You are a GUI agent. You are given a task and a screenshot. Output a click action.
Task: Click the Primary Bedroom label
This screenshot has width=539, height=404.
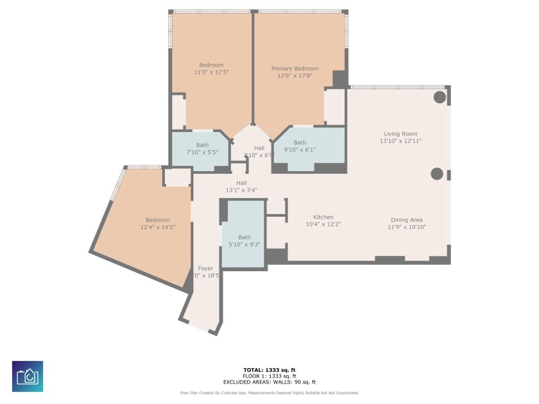point(295,69)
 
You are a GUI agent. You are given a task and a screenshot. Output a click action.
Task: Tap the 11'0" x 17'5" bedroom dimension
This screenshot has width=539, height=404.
point(211,72)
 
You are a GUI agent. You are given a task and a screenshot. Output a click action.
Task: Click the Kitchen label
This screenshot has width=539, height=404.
point(323,217)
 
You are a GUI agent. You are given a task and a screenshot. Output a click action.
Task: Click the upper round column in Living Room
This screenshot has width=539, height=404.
point(440,97)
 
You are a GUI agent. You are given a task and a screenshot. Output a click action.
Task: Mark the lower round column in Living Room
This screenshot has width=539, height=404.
point(437,173)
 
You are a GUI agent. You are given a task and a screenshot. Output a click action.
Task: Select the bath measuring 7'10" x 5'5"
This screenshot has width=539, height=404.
point(202,149)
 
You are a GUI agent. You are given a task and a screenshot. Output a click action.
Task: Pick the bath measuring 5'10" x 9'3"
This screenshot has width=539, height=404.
point(244,241)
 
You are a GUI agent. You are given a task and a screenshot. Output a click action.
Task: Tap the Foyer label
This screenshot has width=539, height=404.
point(205,269)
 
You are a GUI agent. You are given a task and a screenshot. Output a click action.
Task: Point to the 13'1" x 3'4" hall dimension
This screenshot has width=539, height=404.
point(241,190)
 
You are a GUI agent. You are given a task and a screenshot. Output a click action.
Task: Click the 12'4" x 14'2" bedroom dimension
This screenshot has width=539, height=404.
point(158,227)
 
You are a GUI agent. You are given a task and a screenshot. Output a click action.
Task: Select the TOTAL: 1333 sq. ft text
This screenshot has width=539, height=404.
point(269,370)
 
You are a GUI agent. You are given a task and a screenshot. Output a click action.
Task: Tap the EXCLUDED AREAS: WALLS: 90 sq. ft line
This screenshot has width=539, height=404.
point(269,382)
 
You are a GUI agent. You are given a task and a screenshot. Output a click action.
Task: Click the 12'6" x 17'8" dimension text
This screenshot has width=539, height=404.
point(295,76)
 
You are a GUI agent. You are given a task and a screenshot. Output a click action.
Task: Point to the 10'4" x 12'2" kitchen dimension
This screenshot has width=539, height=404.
point(323,224)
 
